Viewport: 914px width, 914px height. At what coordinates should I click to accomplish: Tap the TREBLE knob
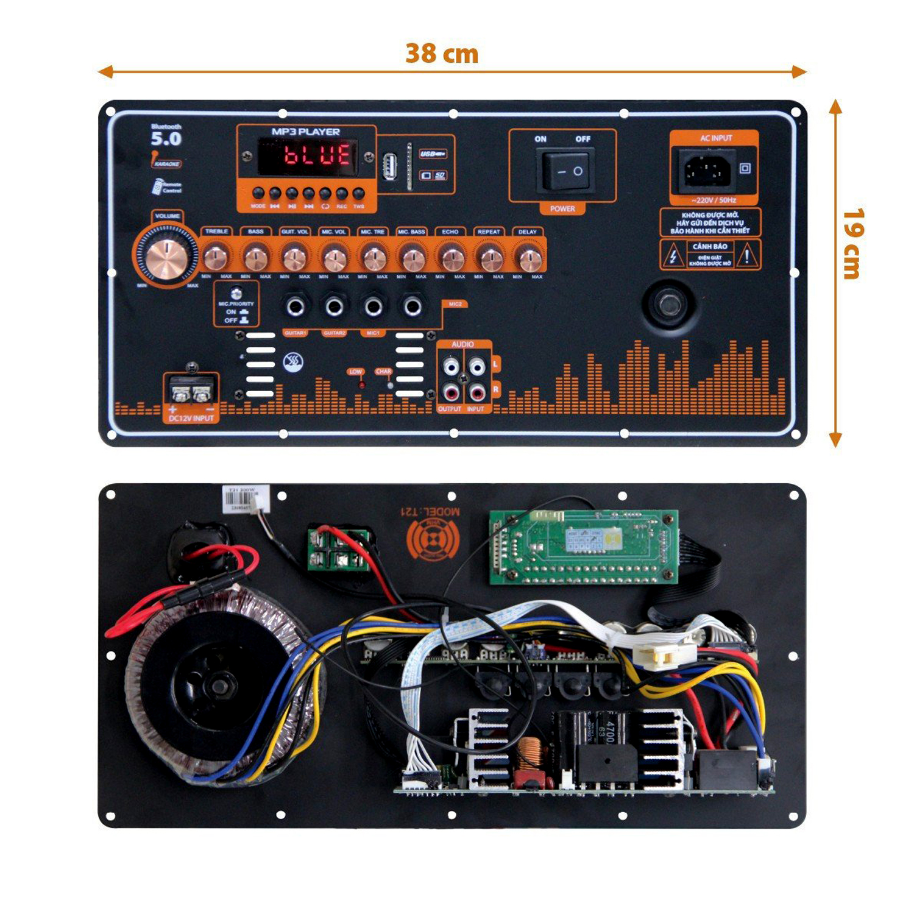pos(216,258)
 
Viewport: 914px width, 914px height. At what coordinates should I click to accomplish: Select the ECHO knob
pos(451,258)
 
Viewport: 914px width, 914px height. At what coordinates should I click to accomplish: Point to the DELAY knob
pos(528,258)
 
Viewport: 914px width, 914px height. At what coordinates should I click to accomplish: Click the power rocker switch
pos(564,171)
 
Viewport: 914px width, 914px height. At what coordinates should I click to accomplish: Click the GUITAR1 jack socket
pos(296,306)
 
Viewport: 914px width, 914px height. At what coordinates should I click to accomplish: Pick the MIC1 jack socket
pos(373,306)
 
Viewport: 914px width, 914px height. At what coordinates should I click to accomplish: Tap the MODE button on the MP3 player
pos(258,194)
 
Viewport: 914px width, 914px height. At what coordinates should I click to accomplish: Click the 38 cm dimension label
pos(442,54)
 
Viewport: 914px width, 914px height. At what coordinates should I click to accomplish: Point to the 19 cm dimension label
pos(854,244)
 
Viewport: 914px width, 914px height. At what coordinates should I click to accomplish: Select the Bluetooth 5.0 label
pos(166,136)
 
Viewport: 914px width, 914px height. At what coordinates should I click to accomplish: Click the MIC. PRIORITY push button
pos(236,294)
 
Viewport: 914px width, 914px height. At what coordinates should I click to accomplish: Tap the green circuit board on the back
pos(584,546)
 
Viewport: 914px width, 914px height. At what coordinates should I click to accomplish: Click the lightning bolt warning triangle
pos(673,256)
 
